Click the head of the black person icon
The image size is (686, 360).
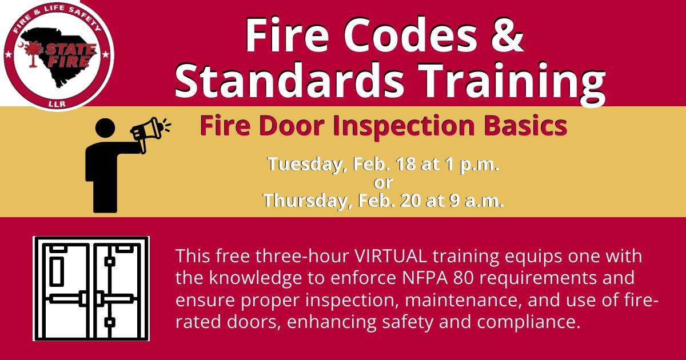coord(104,128)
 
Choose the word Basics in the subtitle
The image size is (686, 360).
coord(528,126)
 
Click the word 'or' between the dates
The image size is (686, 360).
coord(383,183)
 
